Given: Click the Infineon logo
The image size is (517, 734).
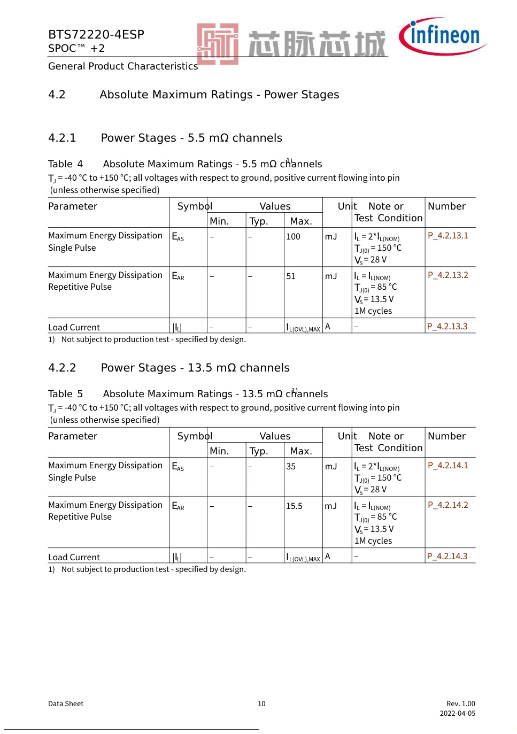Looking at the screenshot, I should point(442,36).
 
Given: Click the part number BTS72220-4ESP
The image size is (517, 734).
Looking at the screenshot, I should point(96,35).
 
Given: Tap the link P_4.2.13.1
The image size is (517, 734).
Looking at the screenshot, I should point(447,236).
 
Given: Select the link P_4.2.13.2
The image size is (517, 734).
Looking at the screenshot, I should point(447,275).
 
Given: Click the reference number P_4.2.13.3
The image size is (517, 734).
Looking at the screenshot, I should point(447,327).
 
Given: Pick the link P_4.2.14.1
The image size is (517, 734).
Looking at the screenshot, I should point(447,466).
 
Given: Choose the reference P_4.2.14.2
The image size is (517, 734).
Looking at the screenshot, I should point(447,505).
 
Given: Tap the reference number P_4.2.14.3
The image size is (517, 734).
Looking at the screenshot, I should point(447,557).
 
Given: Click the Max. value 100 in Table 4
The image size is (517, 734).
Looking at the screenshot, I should point(293,237).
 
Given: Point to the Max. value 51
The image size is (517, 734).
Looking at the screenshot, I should point(291,276).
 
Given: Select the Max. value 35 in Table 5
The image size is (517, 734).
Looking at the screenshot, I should point(291,467).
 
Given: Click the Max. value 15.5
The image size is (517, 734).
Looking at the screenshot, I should point(294,506).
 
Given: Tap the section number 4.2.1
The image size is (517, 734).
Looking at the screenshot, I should point(62,138).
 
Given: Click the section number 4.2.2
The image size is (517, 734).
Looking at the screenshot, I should point(62,368).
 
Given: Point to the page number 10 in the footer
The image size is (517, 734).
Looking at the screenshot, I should point(261,704).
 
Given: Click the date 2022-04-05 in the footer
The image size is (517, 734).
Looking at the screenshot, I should point(457,714).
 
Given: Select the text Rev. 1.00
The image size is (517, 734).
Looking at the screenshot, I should point(460,704).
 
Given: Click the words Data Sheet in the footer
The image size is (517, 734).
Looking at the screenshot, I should point(66,704).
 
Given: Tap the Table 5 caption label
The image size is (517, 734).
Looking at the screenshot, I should point(65,394).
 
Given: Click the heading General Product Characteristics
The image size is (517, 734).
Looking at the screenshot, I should point(123,66).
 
